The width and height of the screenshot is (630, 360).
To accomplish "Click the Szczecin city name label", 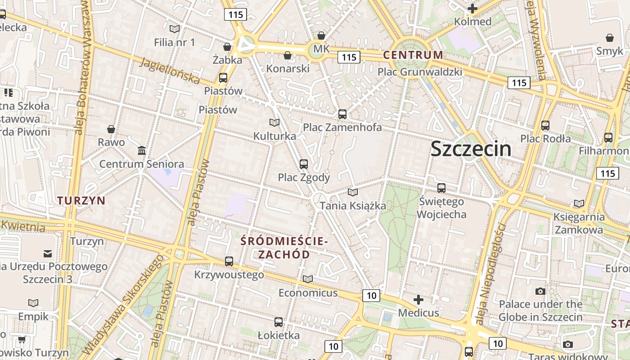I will pyautogui.click(x=471, y=149).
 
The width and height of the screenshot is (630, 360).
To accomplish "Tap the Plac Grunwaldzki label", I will pyautogui.click(x=420, y=72).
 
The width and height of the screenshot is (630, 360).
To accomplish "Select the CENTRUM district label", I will pyautogui.click(x=413, y=55).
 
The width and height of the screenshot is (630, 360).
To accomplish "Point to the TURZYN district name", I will pyautogui.click(x=81, y=201).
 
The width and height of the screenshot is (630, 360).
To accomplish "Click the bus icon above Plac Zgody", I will pyautogui.click(x=304, y=164).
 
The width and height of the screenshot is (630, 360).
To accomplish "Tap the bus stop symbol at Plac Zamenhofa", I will pyautogui.click(x=342, y=114).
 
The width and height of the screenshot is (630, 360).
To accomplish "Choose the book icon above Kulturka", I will pyautogui.click(x=274, y=122).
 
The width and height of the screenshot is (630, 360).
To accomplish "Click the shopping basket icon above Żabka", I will pyautogui.click(x=227, y=47).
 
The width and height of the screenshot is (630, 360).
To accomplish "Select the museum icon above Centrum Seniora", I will pyautogui.click(x=142, y=150).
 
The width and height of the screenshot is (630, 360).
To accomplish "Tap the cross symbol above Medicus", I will pyautogui.click(x=418, y=300).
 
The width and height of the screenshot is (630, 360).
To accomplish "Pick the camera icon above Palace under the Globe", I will pyautogui.click(x=540, y=291).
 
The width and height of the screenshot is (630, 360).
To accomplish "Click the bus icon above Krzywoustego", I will pyautogui.click(x=229, y=261).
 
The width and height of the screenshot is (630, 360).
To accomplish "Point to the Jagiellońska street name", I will pyautogui.click(x=170, y=71).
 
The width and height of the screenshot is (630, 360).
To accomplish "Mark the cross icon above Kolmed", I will pyautogui.click(x=472, y=9).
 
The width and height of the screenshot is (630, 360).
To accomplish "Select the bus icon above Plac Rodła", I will pyautogui.click(x=545, y=126).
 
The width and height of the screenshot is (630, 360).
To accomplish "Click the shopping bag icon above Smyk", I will pyautogui.click(x=610, y=38).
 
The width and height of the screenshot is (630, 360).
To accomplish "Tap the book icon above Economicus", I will pyautogui.click(x=308, y=279).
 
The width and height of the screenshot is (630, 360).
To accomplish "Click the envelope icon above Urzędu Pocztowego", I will pyautogui.click(x=48, y=253).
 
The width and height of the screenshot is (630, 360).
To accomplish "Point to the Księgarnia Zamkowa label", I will pyautogui.click(x=579, y=223).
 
